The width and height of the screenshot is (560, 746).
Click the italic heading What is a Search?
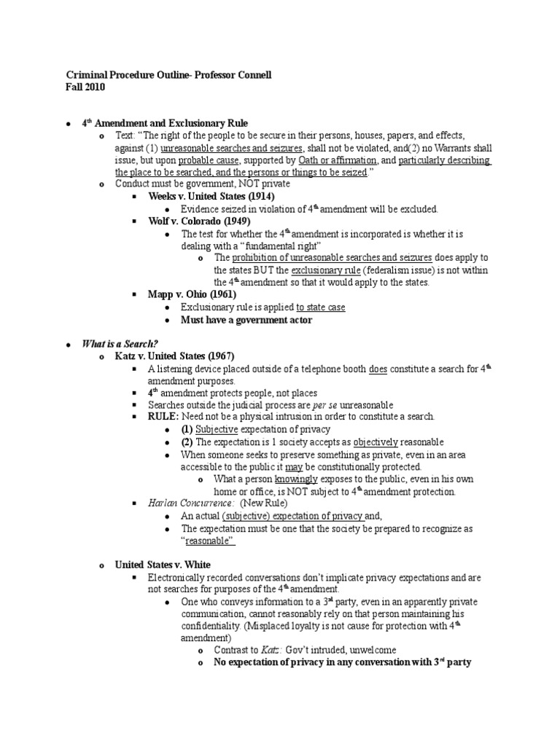tap(120, 344)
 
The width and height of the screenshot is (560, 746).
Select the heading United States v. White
tap(163, 565)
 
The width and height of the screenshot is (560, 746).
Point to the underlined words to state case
tap(321, 307)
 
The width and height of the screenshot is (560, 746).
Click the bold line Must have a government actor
tap(246, 320)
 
